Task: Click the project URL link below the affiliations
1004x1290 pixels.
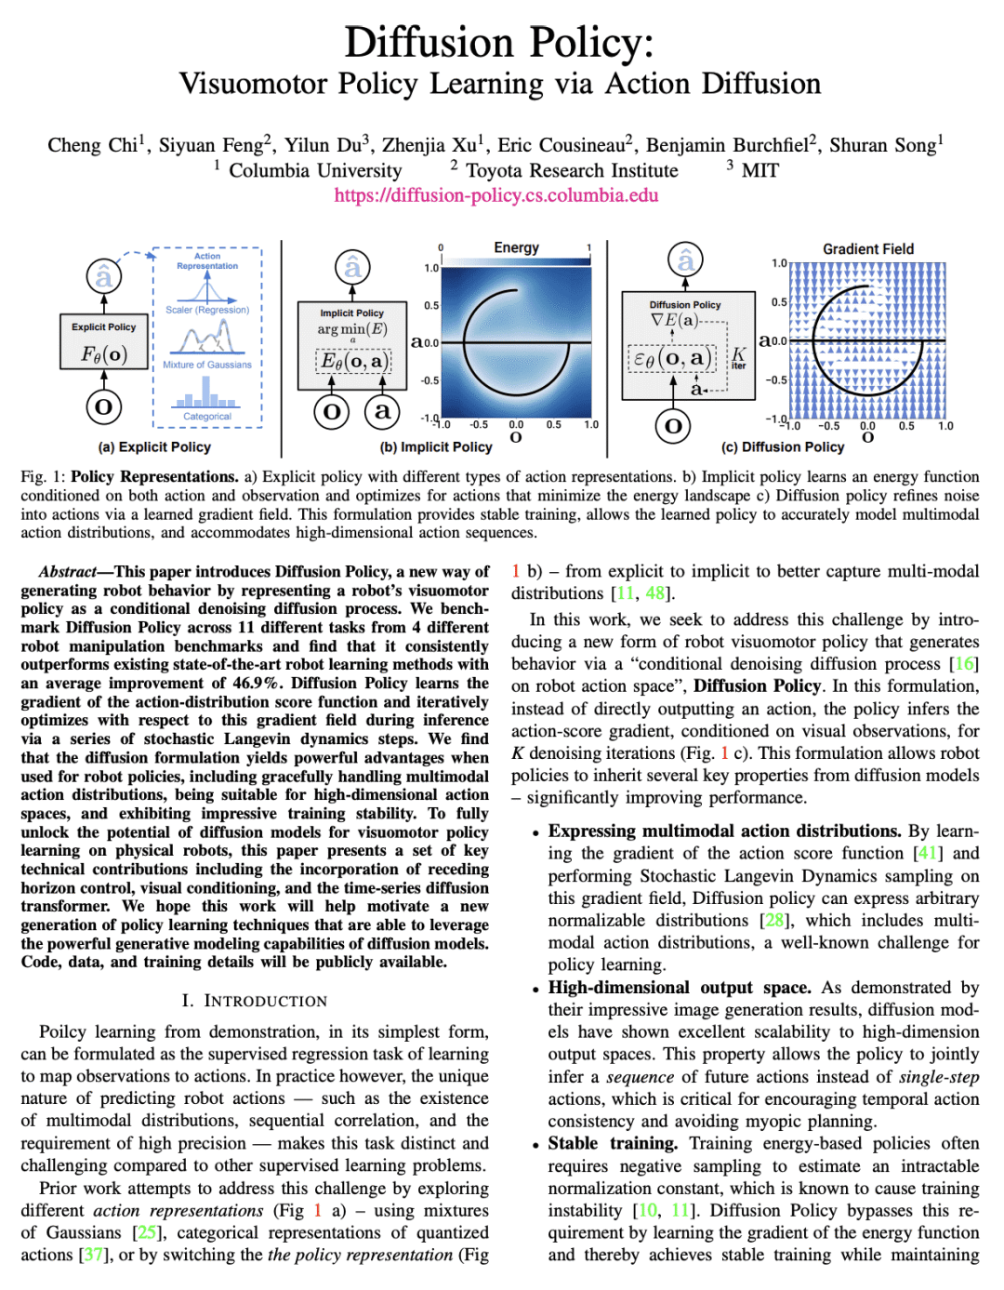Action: (x=496, y=195)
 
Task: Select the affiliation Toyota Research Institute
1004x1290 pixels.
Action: (x=572, y=171)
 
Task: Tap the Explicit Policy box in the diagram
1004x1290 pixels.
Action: (x=104, y=342)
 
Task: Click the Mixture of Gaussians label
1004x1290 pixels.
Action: (x=207, y=365)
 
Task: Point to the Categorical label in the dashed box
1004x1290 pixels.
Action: (x=207, y=417)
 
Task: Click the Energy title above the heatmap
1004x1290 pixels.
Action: (x=516, y=247)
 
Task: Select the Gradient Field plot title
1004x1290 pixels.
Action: (x=867, y=249)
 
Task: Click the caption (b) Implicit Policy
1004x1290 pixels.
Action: (x=436, y=447)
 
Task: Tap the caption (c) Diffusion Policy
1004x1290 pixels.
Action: (x=783, y=447)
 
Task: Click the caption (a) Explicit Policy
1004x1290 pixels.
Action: (x=154, y=447)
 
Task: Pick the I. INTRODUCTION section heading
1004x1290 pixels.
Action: (x=255, y=1001)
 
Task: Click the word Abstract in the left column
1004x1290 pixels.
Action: (x=68, y=572)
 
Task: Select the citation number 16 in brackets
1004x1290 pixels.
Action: (x=965, y=664)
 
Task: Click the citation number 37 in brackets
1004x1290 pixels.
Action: (x=93, y=1255)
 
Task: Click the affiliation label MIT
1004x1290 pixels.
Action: (x=760, y=171)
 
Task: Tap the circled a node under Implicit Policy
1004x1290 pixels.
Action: (x=382, y=410)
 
